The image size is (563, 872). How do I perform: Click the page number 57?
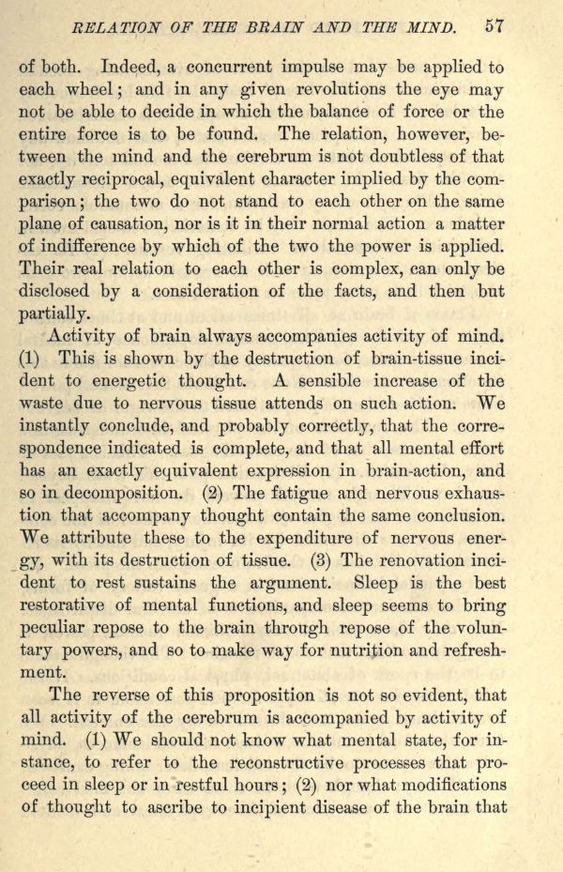pyautogui.click(x=496, y=26)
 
